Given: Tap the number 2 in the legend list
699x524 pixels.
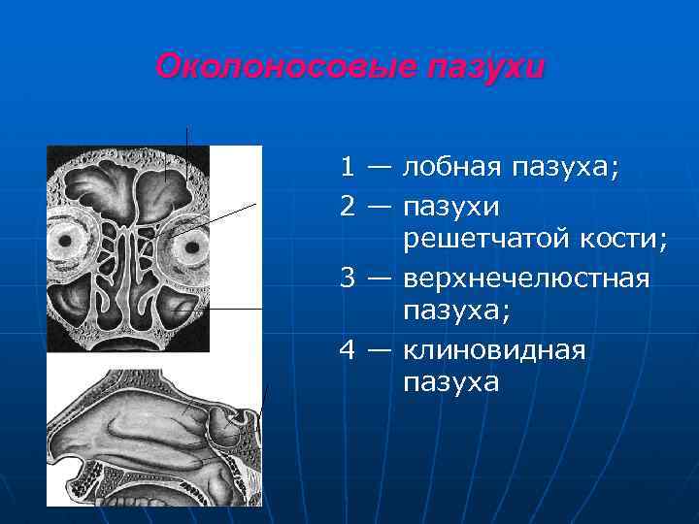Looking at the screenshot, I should [x=347, y=206].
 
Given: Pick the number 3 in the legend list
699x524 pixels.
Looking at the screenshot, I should [x=347, y=278].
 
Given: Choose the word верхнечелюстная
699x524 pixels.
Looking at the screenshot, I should [x=525, y=278].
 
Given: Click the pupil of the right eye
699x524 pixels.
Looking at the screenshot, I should [x=193, y=246].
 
